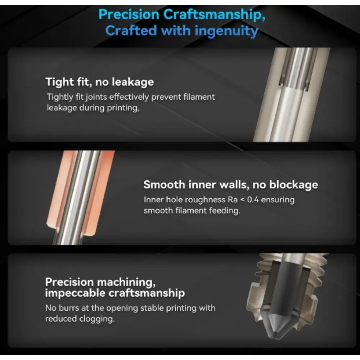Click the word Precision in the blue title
[129, 14]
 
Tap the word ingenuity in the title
[226, 31]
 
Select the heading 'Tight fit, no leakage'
[100, 82]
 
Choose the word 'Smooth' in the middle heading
[165, 185]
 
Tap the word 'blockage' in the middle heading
[294, 185]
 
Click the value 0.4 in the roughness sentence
[253, 200]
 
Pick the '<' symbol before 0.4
[242, 200]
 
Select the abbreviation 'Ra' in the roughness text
[233, 200]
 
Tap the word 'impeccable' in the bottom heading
[75, 293]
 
